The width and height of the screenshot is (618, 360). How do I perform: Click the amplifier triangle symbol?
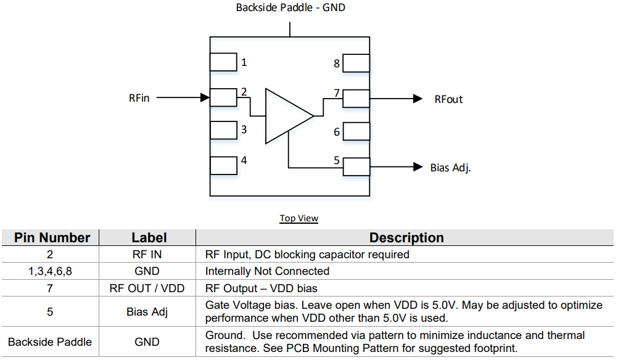[285, 116]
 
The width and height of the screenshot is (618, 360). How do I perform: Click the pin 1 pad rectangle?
[223, 62]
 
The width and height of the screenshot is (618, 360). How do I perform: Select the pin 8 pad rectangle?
[356, 63]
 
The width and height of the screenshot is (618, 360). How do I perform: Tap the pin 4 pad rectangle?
[223, 165]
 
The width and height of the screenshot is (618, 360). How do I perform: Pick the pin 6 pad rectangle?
[356, 131]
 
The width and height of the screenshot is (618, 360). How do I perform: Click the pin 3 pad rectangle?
[223, 130]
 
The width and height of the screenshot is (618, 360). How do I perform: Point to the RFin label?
[139, 98]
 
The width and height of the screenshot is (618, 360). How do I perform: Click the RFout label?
[448, 99]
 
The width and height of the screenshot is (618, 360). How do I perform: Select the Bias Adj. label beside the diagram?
[451, 168]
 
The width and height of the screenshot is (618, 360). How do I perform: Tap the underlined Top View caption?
[299, 218]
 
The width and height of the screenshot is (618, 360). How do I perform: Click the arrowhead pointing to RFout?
[418, 99]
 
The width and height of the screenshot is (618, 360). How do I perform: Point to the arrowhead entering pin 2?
[205, 97]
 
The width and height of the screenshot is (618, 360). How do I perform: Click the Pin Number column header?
[52, 238]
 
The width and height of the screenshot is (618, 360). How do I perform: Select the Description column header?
[406, 238]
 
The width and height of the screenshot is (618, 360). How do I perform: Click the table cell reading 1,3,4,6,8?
[50, 271]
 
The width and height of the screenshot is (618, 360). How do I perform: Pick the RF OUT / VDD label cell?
[146, 288]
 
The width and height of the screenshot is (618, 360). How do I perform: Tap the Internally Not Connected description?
[267, 271]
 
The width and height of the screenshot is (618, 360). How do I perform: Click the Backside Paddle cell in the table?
[50, 342]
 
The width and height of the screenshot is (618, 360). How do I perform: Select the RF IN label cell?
[146, 255]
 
